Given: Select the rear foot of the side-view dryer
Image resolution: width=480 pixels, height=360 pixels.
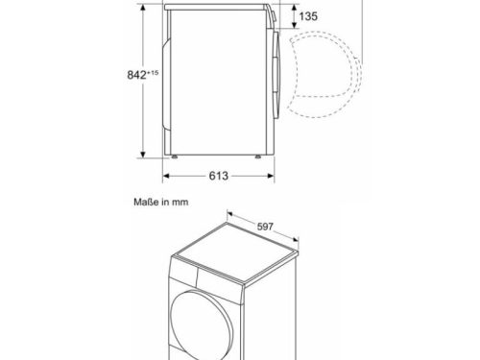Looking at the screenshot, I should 173,154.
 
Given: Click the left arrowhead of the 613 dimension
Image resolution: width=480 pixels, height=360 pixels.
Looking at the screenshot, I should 165,176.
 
